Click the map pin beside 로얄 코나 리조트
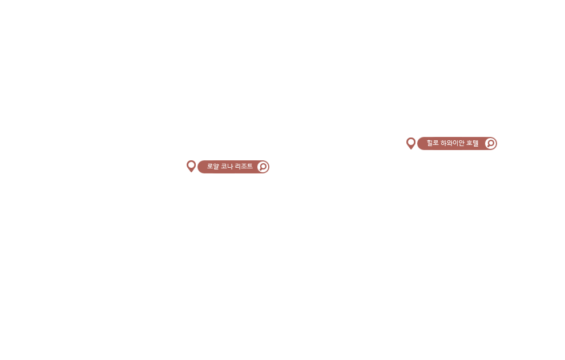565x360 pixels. click(191, 166)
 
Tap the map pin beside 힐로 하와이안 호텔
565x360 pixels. click(411, 143)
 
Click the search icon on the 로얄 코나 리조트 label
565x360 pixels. click(263, 167)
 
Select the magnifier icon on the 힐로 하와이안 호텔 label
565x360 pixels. click(490, 143)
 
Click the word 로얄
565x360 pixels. click(213, 167)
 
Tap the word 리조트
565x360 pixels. click(244, 167)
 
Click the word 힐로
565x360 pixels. click(433, 143)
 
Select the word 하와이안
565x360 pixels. click(453, 143)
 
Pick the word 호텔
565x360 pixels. click(473, 143)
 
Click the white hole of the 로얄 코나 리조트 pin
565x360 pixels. click(191, 165)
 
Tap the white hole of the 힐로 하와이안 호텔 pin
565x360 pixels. click(411, 142)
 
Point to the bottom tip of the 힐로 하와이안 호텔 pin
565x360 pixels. click(411, 149)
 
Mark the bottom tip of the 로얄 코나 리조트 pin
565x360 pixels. click(191, 172)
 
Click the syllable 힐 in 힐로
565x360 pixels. click(430, 143)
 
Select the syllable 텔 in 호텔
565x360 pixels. click(475, 143)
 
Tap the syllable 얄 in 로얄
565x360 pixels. click(216, 167)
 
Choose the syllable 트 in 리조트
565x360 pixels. click(250, 167)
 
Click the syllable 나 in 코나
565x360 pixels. click(230, 167)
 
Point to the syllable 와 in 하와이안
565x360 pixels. click(450, 143)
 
